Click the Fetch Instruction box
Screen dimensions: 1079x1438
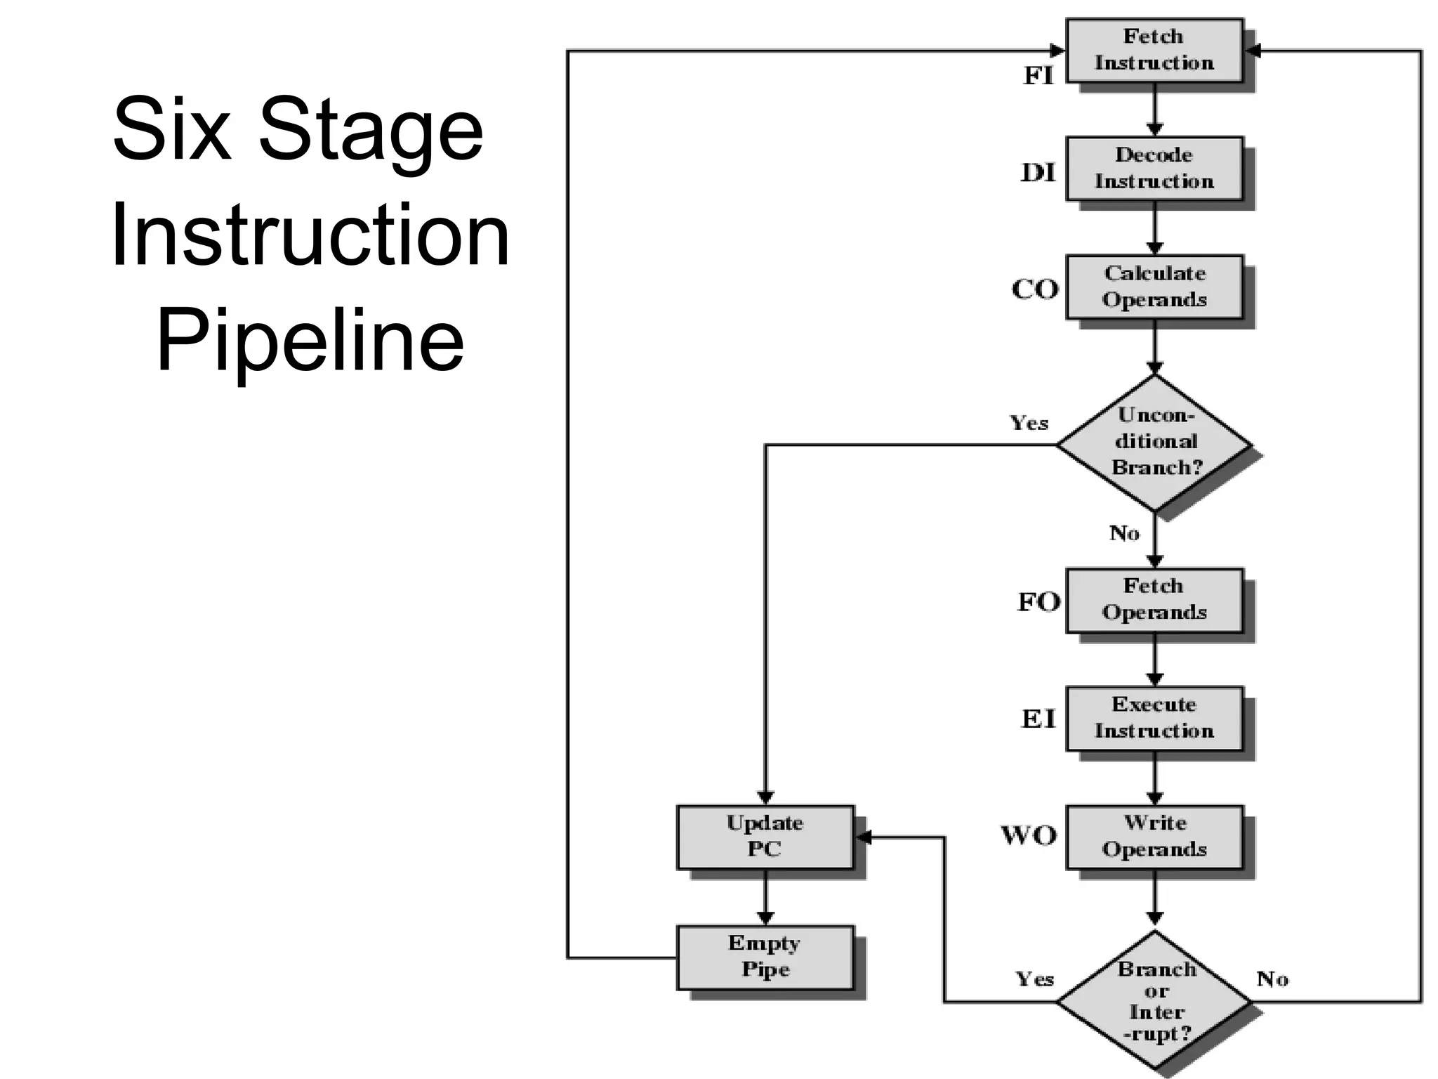click(1154, 51)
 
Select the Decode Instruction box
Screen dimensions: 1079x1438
click(1154, 169)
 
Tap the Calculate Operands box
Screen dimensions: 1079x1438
click(1154, 287)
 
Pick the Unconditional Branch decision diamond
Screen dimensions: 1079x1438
click(1154, 443)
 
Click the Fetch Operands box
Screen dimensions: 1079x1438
click(1154, 600)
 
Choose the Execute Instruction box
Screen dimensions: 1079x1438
click(1154, 718)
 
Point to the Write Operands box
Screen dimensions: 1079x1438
click(1154, 837)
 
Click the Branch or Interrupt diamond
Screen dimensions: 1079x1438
click(1154, 1001)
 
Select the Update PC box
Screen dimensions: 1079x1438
click(765, 837)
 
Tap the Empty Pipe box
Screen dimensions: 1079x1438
click(765, 957)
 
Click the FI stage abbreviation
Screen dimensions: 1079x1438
click(1038, 76)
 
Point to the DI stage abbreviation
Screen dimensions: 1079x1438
click(1038, 173)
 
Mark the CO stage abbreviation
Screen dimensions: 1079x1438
click(1035, 289)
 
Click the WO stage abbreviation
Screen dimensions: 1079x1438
click(1029, 836)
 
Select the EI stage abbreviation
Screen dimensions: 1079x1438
click(1038, 719)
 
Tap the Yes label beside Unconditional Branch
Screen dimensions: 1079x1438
click(1029, 423)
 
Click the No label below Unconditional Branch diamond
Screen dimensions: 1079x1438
click(1123, 533)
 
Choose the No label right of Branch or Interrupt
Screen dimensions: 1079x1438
click(1272, 979)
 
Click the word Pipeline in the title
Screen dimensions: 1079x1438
click(310, 341)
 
